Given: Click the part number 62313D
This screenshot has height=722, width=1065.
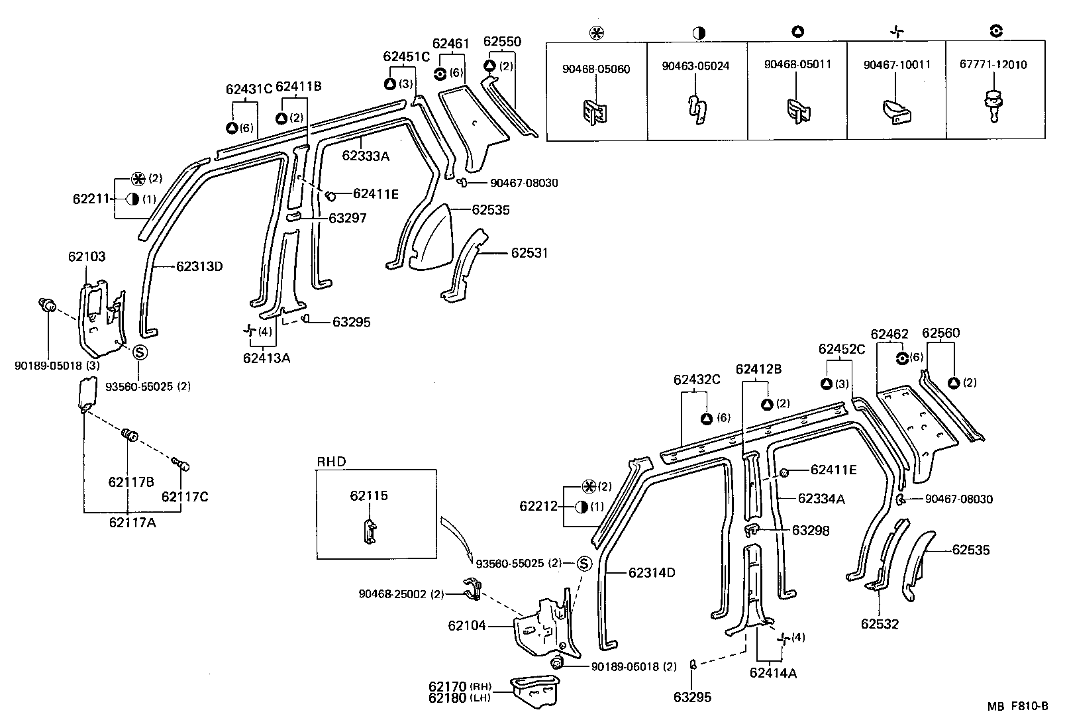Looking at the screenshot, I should tap(199, 267).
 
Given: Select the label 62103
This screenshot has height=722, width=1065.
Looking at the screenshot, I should tap(86, 256).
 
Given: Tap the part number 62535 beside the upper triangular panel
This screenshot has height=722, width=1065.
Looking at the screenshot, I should tap(491, 210).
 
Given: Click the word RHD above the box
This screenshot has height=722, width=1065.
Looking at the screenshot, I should tap(331, 462).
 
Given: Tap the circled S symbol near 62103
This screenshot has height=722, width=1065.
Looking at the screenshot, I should tap(140, 352).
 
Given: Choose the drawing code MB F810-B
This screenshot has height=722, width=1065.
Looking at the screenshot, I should tap(1018, 706).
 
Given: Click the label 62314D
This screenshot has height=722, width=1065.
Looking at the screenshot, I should tap(651, 572).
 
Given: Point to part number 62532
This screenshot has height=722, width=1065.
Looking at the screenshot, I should tap(880, 624).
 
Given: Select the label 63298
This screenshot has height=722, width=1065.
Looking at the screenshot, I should tap(811, 531).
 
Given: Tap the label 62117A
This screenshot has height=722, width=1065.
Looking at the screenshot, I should tap(132, 523).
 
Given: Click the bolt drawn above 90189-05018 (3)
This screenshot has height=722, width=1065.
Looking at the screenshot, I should tap(47, 307).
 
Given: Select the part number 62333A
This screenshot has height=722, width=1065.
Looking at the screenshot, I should tap(366, 156).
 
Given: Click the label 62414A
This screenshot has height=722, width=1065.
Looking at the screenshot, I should tap(773, 674).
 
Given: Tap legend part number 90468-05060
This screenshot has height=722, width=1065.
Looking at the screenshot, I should tap(596, 69).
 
